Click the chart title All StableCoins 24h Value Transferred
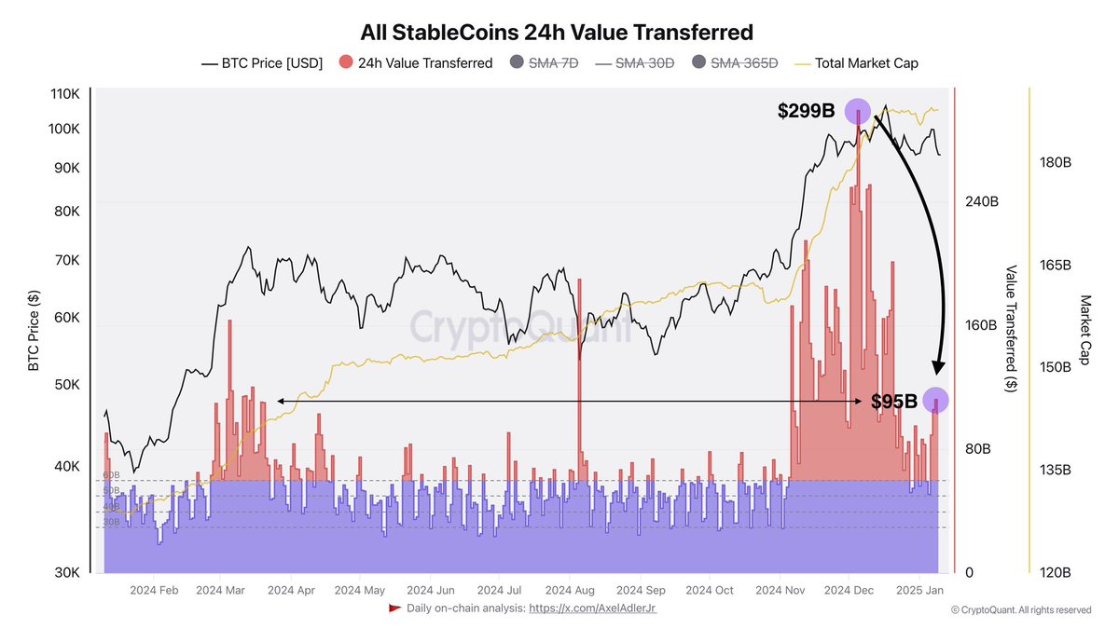(559, 32)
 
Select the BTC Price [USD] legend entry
(262, 63)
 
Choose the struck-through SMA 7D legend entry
(544, 63)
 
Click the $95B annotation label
(894, 402)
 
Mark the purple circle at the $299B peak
(857, 111)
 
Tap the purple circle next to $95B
(935, 400)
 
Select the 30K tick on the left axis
(65, 572)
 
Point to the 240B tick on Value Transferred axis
(982, 202)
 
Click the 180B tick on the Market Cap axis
(1055, 162)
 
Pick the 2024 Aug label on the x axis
(569, 590)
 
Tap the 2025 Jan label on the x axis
(919, 590)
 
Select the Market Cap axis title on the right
(1084, 330)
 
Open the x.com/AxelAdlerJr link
(593, 608)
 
